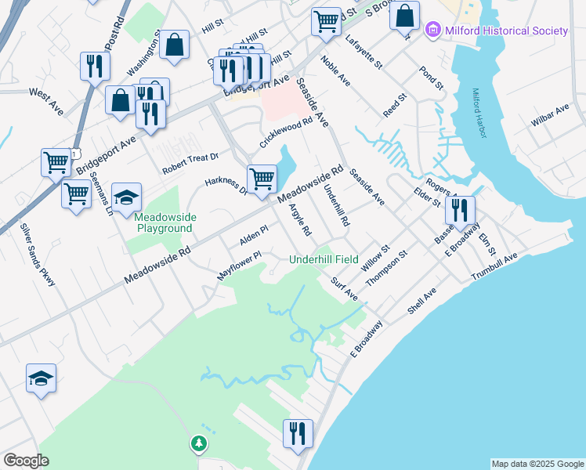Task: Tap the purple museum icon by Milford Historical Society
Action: pos(432,31)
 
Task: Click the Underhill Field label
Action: pos(324,259)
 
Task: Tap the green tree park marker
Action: pos(199,444)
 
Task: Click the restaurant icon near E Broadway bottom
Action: pos(298,432)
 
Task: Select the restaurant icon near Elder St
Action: pos(460,209)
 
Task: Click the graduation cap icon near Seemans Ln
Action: pos(126,197)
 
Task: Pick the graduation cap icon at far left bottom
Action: pos(42,378)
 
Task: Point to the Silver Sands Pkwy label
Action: pos(38,255)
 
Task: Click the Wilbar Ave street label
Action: pos(552,114)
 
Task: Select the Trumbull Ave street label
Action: pos(494,268)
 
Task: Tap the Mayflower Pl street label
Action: pos(238,266)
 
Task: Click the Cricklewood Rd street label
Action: pos(286,133)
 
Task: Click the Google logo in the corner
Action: pos(26,461)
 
